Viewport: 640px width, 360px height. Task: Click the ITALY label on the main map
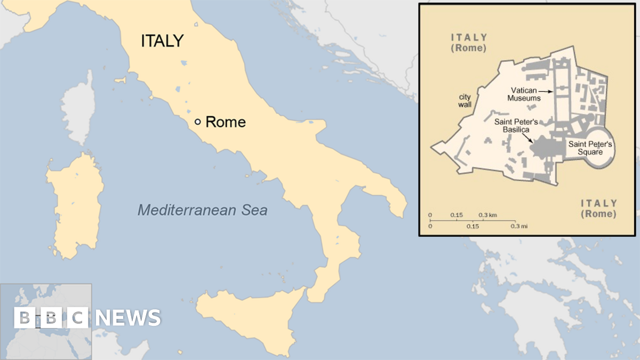(x=162, y=41)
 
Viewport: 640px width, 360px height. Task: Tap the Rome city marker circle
(x=197, y=122)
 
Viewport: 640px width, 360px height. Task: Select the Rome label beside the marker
(x=226, y=122)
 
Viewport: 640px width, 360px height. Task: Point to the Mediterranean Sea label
(x=203, y=210)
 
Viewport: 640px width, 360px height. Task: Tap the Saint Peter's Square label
(x=591, y=148)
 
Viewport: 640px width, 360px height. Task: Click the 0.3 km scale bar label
(x=487, y=215)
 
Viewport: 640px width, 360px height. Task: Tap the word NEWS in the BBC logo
(x=129, y=318)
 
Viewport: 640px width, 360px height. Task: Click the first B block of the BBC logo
(x=24, y=318)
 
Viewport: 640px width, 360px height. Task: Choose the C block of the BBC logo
(x=78, y=318)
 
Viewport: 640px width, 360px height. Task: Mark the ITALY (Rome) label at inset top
(x=469, y=42)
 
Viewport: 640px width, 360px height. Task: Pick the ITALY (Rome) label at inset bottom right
(x=598, y=209)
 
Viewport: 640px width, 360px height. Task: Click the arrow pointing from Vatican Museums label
(x=549, y=92)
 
